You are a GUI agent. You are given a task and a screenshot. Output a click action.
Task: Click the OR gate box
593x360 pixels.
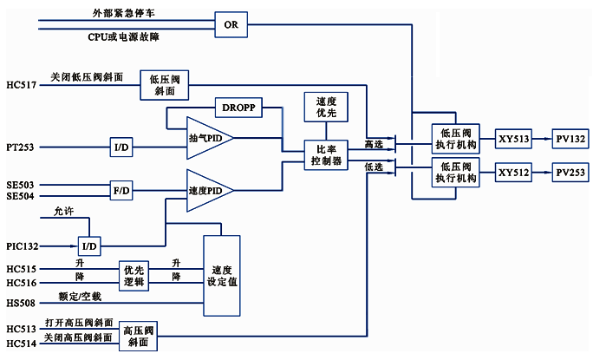231,24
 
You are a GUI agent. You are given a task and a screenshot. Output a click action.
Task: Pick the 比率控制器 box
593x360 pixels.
326,155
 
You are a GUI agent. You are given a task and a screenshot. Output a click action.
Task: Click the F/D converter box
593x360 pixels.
121,188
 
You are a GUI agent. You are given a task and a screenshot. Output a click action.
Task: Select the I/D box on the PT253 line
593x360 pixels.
121,147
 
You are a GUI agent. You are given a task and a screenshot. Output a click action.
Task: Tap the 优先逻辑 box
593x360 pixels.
135,275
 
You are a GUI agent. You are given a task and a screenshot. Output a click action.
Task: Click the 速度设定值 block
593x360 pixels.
222,275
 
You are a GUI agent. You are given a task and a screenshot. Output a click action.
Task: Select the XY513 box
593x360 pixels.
513,137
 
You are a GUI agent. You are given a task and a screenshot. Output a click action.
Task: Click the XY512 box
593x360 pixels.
513,173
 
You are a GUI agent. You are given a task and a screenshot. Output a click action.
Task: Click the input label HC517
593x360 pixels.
20,83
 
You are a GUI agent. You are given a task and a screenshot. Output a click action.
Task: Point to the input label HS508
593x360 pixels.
20,302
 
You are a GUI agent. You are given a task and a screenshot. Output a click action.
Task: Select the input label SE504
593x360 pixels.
20,196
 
